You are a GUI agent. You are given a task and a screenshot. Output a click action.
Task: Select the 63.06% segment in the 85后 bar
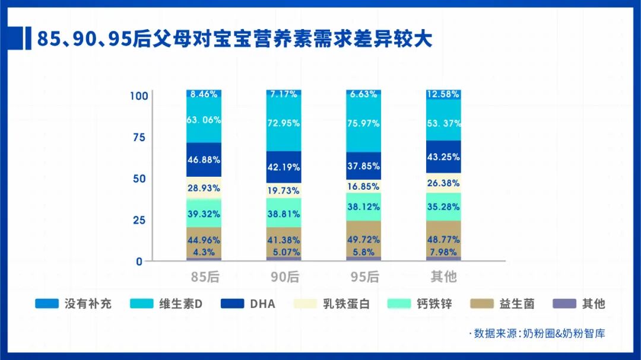pos(204,120)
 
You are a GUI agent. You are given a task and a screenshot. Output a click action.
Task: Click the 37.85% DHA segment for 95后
pos(364,166)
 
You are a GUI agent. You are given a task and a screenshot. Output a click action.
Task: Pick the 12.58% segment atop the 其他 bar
pos(443,94)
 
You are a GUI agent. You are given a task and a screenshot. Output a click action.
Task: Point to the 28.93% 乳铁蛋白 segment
pos(204,187)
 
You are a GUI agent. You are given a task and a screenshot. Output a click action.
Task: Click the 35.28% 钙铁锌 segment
pos(443,207)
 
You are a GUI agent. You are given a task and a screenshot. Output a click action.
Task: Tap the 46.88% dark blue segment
pos(204,160)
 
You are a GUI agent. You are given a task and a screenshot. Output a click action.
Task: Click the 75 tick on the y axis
pos(138,137)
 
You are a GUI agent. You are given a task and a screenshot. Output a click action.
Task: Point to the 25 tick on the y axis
pos(138,220)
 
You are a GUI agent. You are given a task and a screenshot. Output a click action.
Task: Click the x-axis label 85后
pos(203,276)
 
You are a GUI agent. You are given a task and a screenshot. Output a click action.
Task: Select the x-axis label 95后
pos(364,276)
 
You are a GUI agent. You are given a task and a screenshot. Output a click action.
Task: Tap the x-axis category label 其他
pos(443,276)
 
